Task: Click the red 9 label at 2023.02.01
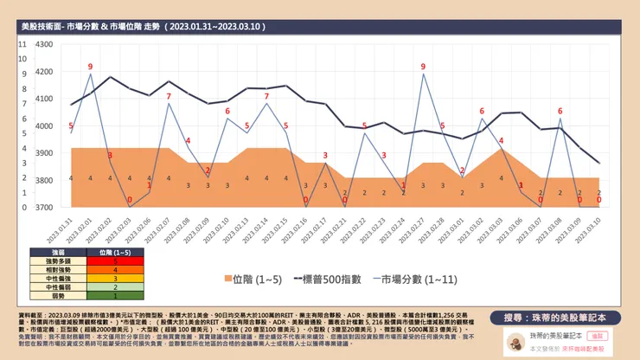[90, 67]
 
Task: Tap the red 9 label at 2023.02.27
[423, 67]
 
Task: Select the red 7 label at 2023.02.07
[169, 96]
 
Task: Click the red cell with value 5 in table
[115, 260]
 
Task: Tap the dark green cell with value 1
[115, 295]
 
